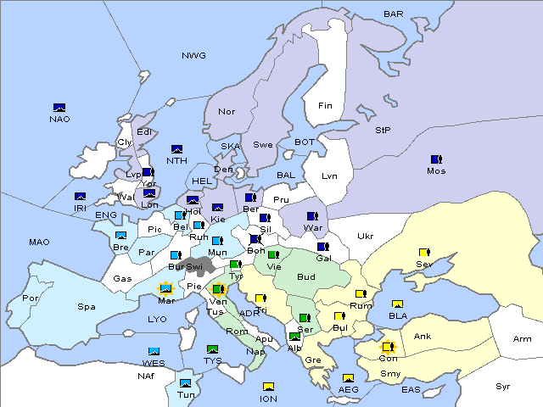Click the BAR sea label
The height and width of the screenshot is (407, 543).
tap(394, 14)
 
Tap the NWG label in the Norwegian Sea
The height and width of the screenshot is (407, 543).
tap(193, 56)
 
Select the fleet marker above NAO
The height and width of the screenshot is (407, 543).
tap(59, 108)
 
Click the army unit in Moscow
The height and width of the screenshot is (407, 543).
tap(436, 159)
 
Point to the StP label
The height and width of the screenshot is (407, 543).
tap(383, 131)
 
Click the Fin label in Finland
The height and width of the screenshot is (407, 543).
tap(325, 106)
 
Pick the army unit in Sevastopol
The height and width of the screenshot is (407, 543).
tap(424, 253)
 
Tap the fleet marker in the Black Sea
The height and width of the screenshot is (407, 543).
tap(397, 304)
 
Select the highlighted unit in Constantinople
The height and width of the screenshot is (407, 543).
tap(388, 347)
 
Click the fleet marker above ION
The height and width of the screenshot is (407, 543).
tap(268, 387)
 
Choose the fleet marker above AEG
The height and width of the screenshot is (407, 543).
tap(348, 378)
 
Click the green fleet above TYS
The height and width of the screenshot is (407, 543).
tap(213, 349)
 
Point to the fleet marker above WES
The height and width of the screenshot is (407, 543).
tap(154, 352)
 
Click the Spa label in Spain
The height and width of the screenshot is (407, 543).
tap(87, 306)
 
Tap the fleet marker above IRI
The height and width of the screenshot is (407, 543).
tap(80, 197)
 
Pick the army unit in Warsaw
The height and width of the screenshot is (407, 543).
tap(312, 216)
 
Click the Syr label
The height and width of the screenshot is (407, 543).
tap(503, 386)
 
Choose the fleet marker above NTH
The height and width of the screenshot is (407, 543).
tap(177, 149)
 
